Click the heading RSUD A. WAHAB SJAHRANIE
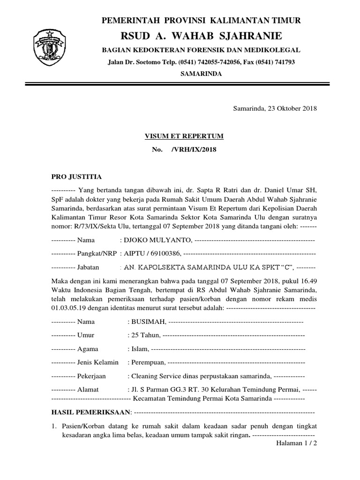[202, 36]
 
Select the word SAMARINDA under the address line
[202, 74]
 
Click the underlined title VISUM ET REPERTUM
[183, 136]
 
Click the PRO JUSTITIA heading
[75, 177]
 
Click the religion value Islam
[140, 349]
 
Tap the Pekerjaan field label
[91, 376]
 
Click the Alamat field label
[88, 390]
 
